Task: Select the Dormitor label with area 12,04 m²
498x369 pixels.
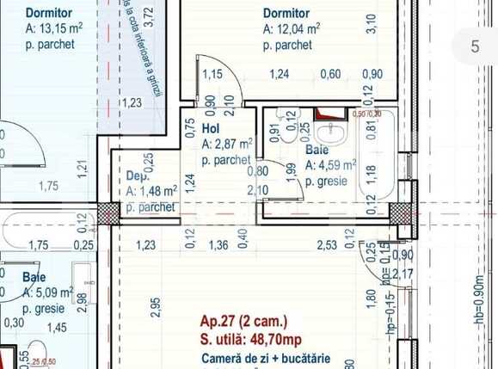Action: tap(286, 15)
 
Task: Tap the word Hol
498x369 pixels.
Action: tap(212, 128)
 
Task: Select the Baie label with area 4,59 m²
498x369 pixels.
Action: tap(317, 149)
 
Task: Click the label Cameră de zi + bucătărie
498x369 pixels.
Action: tap(257, 357)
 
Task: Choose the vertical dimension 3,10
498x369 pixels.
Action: tap(371, 24)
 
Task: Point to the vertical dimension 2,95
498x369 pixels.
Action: tap(155, 307)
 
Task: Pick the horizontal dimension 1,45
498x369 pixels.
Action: tap(57, 327)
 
